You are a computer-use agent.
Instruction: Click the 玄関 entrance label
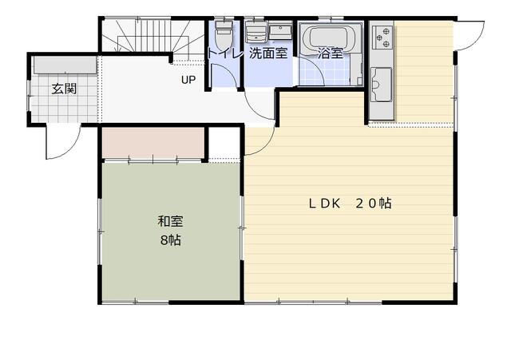click(64, 89)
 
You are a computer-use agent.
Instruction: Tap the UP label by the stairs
click(188, 80)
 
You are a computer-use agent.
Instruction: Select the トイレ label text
click(225, 53)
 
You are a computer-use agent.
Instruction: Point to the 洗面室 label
click(268, 53)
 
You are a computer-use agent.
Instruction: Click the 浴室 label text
click(331, 53)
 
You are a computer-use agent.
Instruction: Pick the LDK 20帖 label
click(350, 204)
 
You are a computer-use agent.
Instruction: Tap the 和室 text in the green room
click(170, 221)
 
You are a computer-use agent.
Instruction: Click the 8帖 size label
click(170, 240)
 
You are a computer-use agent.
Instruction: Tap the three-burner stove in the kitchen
click(382, 38)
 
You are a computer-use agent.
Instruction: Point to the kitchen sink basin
click(382, 84)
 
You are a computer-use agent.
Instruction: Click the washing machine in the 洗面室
click(256, 32)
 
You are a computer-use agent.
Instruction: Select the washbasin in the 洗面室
click(280, 32)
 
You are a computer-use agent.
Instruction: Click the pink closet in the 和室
click(153, 142)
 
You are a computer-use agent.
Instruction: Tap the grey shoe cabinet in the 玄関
click(65, 65)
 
